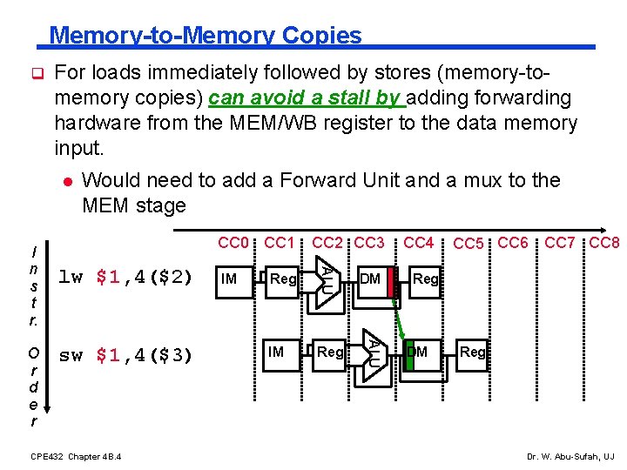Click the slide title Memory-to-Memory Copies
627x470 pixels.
[x=205, y=35]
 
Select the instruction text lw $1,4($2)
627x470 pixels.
[x=125, y=278]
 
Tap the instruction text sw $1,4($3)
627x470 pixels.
[x=125, y=354]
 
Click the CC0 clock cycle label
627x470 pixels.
[x=233, y=242]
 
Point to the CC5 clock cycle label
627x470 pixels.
[x=470, y=244]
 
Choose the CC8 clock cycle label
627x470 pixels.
[x=604, y=242]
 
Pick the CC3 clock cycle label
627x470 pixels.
[x=367, y=242]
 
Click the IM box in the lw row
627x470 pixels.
[x=229, y=279]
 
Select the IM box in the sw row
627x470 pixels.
[x=276, y=352]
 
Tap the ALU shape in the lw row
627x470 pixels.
[x=323, y=279]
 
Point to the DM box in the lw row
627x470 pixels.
[x=370, y=279]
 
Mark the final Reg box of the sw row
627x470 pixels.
[x=473, y=352]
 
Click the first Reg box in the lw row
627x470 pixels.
[x=283, y=279]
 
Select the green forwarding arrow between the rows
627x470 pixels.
[x=401, y=322]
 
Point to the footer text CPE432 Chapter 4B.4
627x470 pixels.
[x=76, y=456]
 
